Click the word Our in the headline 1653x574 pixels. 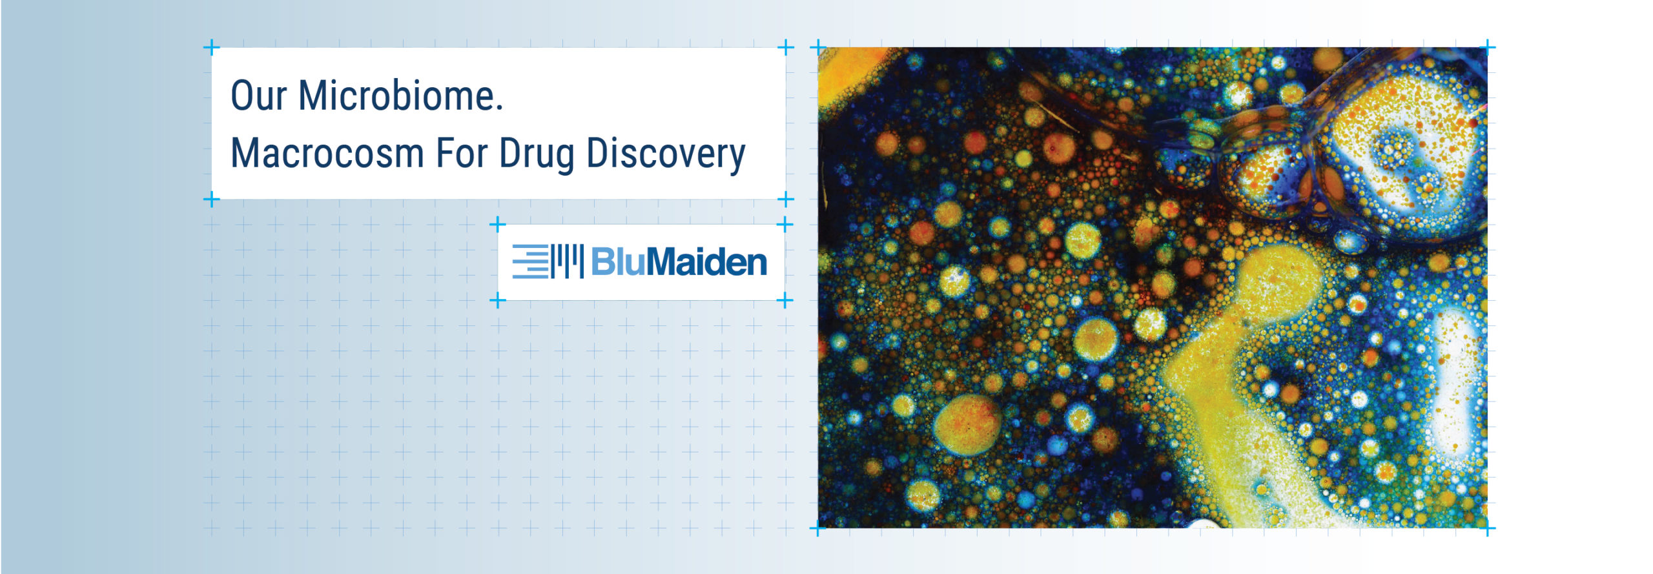click(258, 96)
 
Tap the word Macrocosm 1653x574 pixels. click(327, 153)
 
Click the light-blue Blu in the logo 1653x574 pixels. click(617, 261)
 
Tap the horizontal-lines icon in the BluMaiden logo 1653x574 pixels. click(530, 261)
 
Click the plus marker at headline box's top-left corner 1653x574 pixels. click(211, 47)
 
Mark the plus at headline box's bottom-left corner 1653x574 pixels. click(211, 200)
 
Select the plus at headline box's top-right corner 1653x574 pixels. click(785, 47)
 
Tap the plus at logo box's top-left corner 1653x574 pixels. click(497, 225)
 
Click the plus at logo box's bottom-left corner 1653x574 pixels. click(497, 300)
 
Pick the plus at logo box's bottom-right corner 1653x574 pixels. click(785, 300)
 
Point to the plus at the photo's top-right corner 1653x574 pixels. click(1487, 47)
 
